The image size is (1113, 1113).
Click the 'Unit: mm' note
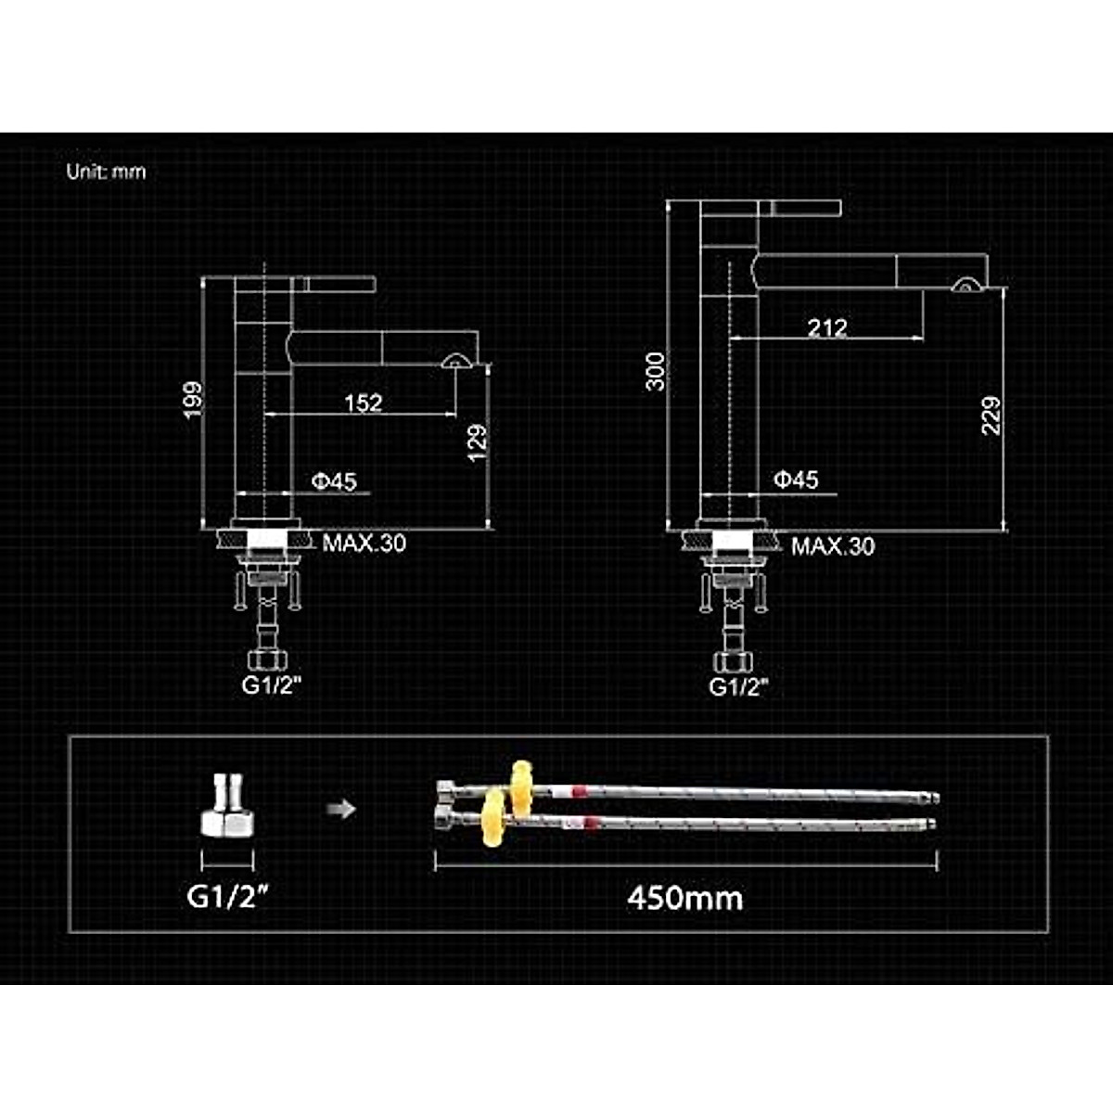click(x=106, y=172)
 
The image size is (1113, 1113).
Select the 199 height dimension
click(x=193, y=400)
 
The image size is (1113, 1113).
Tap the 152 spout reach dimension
click(x=363, y=403)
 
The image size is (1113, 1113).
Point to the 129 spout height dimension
click(x=478, y=443)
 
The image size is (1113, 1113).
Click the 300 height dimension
click(x=656, y=371)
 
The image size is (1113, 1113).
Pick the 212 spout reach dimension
click(x=826, y=327)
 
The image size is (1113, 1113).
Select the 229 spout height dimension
click(x=991, y=416)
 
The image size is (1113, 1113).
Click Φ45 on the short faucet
click(x=334, y=480)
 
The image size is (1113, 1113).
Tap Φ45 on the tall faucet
click(x=796, y=479)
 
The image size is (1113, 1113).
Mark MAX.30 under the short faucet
click(x=364, y=543)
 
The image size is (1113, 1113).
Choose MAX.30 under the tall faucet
click(x=832, y=545)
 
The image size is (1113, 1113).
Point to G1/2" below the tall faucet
click(x=738, y=686)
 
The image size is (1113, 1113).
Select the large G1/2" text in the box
click(x=228, y=896)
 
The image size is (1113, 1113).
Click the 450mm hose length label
click(x=684, y=898)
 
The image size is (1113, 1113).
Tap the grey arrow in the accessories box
click(x=341, y=810)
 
